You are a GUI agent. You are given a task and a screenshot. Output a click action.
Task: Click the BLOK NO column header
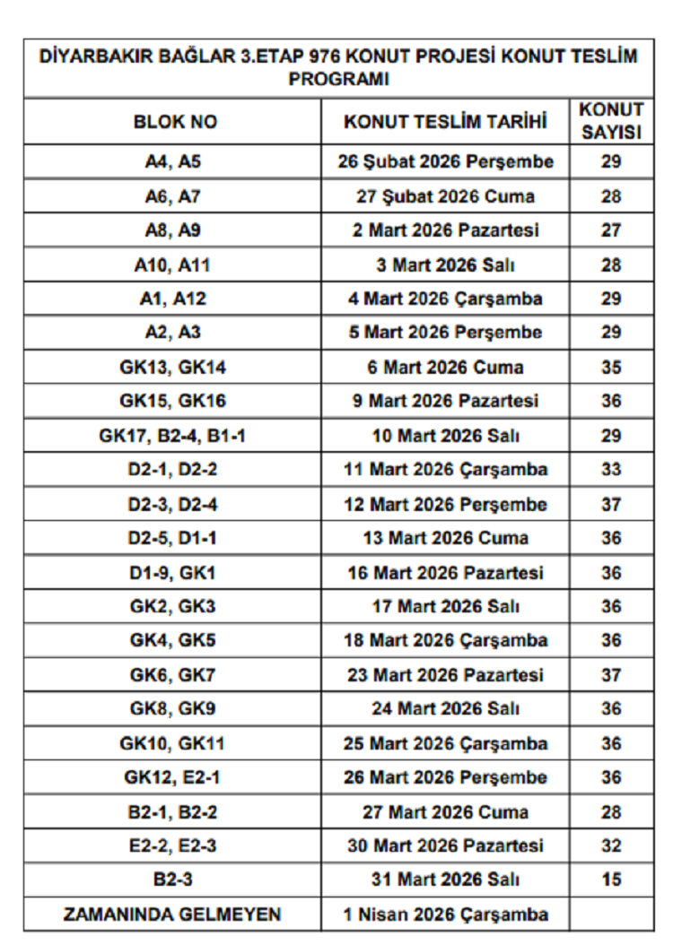(175, 122)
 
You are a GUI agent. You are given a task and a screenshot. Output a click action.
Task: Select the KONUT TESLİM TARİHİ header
(446, 122)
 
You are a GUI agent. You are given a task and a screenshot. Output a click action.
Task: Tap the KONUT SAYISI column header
(611, 121)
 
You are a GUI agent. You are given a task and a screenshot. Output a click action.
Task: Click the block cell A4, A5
(173, 162)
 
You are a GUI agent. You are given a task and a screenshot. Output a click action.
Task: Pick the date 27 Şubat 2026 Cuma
(446, 196)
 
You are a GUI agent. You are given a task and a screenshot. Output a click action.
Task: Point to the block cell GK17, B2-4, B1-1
(172, 436)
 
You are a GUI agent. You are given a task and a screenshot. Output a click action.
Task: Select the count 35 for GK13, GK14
(611, 368)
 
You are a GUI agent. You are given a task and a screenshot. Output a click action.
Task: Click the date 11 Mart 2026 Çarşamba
(446, 470)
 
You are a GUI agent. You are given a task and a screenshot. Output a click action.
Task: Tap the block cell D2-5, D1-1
(172, 538)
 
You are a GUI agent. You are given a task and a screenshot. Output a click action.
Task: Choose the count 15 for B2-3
(611, 880)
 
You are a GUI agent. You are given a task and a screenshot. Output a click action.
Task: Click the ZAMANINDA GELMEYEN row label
(172, 915)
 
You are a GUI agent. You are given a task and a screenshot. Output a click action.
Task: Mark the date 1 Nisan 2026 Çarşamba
(446, 915)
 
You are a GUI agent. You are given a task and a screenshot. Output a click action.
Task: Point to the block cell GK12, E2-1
(172, 777)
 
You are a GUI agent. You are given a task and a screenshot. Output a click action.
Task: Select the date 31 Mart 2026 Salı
(446, 880)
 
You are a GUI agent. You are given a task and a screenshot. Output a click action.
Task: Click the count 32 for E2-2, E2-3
(611, 845)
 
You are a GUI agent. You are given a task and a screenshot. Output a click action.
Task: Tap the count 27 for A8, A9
(611, 230)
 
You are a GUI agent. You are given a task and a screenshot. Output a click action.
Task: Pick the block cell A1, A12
(173, 299)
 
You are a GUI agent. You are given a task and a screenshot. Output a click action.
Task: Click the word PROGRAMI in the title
(338, 79)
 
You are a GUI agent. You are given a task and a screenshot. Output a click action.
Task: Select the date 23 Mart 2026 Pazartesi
(446, 675)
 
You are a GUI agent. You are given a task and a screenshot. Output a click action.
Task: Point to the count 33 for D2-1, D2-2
(611, 470)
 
